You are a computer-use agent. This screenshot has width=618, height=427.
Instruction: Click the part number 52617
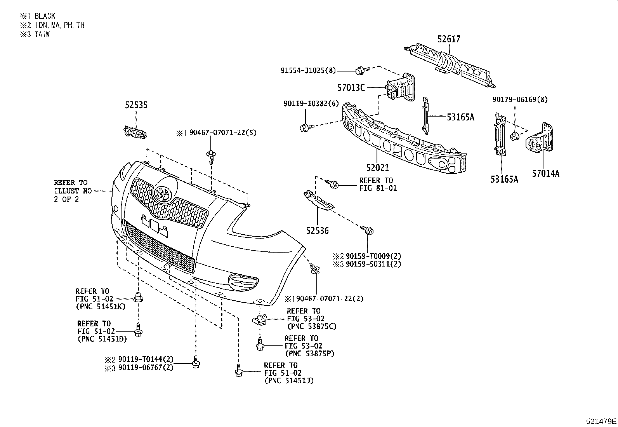[x=449, y=39]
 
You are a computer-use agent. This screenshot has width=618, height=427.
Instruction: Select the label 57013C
[x=351, y=88]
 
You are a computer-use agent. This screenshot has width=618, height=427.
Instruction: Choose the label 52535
[x=136, y=105]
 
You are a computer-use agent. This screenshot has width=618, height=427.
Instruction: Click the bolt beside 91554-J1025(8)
[x=360, y=71]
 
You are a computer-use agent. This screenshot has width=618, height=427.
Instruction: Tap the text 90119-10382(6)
[x=311, y=103]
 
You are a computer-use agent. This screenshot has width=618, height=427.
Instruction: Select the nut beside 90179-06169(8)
[x=515, y=136]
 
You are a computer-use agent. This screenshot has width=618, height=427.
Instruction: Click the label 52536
[x=317, y=231]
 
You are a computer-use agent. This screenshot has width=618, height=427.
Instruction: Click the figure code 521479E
[x=601, y=421]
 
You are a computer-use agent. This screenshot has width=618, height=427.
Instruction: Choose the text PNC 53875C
[x=312, y=327]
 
